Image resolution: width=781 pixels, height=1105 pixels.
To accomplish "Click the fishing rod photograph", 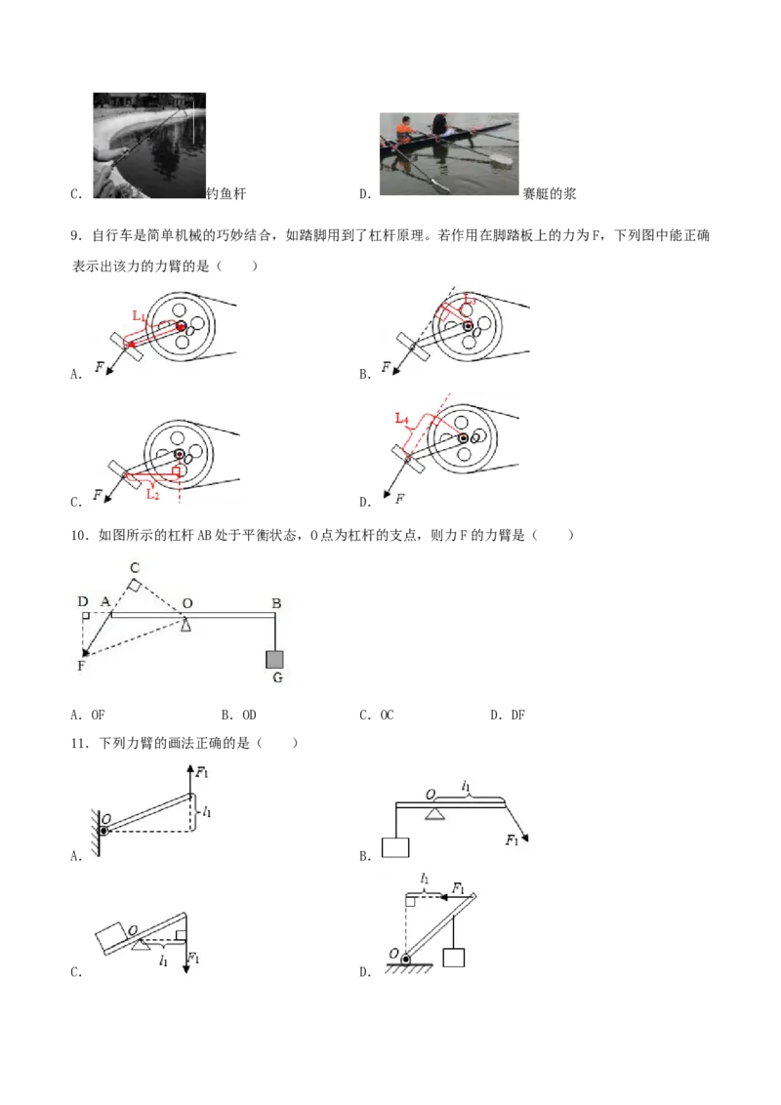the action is [149, 145].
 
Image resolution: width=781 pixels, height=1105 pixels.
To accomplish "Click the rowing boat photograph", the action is [449, 153].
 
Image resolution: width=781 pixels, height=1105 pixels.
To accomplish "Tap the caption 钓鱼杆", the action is [226, 194].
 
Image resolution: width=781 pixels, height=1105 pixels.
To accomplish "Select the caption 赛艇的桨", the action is [549, 194].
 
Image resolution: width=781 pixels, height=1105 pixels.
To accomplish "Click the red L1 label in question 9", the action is [139, 315].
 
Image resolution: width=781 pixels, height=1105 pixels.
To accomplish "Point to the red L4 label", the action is [402, 419].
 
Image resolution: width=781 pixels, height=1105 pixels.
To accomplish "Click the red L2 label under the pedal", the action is [153, 494].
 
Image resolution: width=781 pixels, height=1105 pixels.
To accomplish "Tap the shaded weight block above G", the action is [275, 659].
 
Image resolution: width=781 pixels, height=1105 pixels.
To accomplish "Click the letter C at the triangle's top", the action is [135, 567].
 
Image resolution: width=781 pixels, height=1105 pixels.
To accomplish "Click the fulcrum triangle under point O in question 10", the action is [186, 625].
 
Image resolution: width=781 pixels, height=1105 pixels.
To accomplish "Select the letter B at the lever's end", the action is [276, 603].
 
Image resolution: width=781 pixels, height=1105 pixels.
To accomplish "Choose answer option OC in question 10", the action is [377, 715].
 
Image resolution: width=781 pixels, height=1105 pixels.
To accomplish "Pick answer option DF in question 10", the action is [508, 715].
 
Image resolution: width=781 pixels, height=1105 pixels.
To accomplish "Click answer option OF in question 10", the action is [88, 715].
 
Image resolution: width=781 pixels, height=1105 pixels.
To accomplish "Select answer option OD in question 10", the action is [239, 715].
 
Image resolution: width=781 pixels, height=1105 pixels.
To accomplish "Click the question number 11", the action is [80, 744].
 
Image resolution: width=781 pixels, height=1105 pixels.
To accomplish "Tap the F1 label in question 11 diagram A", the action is [202, 772].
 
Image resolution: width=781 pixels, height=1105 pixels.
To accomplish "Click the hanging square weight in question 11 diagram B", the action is [395, 847].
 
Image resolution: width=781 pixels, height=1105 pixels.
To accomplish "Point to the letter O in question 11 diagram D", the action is [393, 954].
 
